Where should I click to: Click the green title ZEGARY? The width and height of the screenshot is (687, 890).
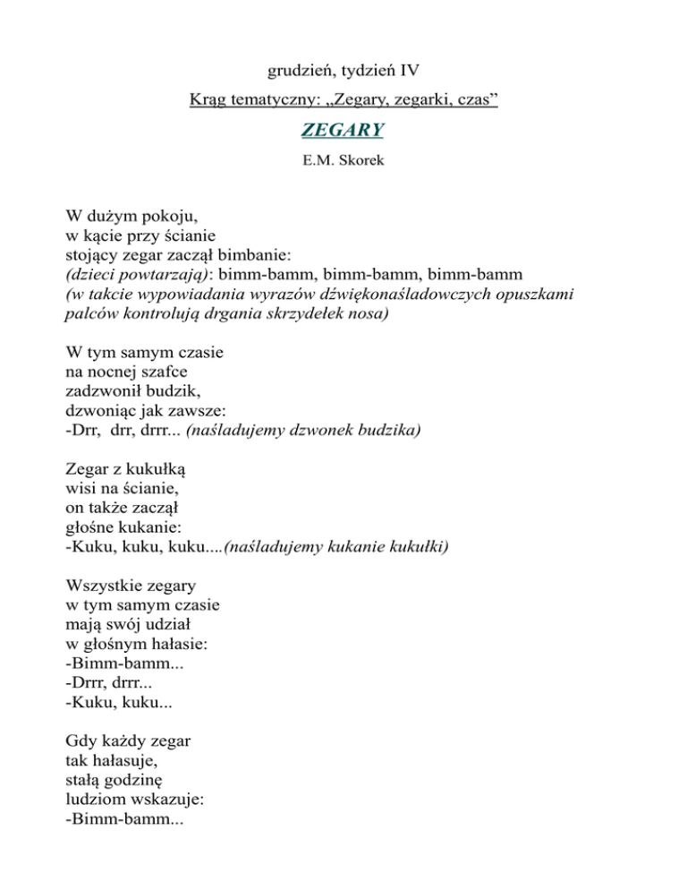click(x=343, y=131)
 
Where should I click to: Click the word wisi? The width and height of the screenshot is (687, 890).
click(x=81, y=488)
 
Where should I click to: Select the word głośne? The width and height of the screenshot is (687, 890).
click(x=93, y=527)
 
